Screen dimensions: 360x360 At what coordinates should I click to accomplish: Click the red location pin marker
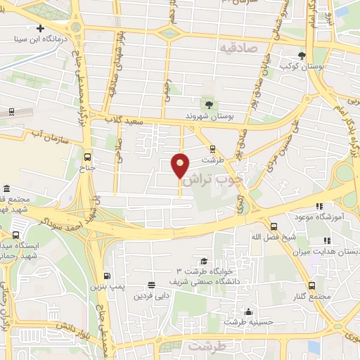181,166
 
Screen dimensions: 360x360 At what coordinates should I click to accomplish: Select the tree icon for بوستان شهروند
208,104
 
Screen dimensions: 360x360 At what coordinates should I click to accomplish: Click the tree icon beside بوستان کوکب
302,56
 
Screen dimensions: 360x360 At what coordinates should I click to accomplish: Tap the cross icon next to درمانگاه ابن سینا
41,29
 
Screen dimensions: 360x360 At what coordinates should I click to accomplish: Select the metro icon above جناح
87,157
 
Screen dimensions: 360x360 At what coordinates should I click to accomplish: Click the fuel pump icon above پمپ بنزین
107,276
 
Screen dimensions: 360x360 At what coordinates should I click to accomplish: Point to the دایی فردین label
150,295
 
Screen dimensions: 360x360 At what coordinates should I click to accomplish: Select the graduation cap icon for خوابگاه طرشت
204,261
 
